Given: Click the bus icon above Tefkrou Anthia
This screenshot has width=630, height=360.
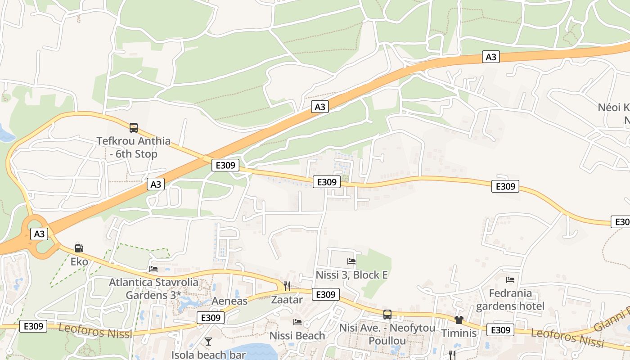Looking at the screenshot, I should pyautogui.click(x=134, y=128).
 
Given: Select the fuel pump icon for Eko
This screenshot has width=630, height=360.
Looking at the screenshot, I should pyautogui.click(x=79, y=248).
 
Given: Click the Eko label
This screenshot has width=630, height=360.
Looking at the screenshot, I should pyautogui.click(x=79, y=261).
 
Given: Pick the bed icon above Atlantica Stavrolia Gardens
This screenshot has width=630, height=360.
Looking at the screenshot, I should pyautogui.click(x=153, y=269).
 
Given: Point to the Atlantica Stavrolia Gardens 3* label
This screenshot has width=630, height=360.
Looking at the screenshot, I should pyautogui.click(x=153, y=288).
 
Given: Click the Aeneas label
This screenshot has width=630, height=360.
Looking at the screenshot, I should pyautogui.click(x=229, y=301).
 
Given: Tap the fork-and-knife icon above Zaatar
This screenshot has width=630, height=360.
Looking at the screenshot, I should pyautogui.click(x=287, y=286).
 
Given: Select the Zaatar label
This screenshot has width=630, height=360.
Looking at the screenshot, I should pyautogui.click(x=287, y=299).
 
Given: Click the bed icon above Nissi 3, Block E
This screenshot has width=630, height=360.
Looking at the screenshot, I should pyautogui.click(x=351, y=261).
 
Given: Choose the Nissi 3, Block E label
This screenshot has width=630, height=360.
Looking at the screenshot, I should pyautogui.click(x=351, y=274).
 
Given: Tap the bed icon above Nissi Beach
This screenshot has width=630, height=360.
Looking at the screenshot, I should pyautogui.click(x=297, y=322).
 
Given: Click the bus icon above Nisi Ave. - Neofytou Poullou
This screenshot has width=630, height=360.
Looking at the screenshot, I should pyautogui.click(x=387, y=315).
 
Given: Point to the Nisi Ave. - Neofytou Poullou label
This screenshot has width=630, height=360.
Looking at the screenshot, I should pyautogui.click(x=387, y=334).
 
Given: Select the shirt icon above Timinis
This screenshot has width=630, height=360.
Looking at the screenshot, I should pyautogui.click(x=459, y=320).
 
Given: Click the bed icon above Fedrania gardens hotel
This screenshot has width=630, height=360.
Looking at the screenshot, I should pyautogui.click(x=510, y=280).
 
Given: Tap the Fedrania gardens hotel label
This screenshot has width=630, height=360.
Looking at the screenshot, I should pyautogui.click(x=510, y=300).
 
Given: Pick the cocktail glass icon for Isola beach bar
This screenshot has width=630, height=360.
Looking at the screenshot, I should pyautogui.click(x=208, y=342).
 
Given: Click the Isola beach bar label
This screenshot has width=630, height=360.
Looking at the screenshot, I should pyautogui.click(x=208, y=355).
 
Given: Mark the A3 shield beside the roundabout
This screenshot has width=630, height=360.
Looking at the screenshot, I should pyautogui.click(x=40, y=234).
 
